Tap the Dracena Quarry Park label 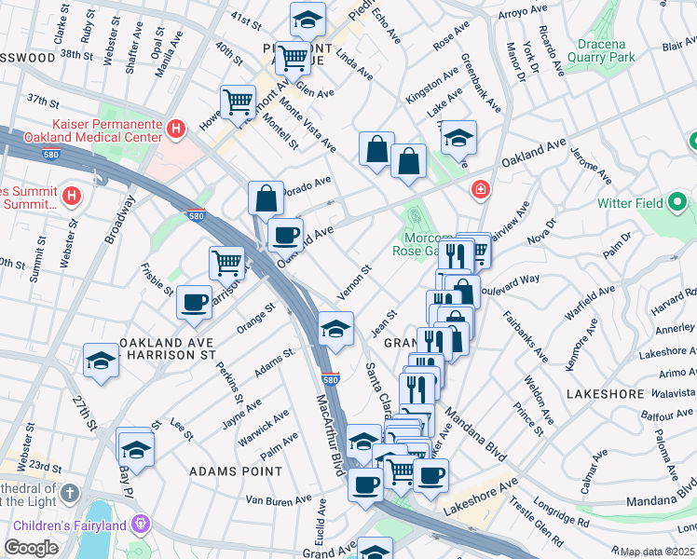click(593, 49)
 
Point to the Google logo click(31, 548)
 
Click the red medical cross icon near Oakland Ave click(480, 190)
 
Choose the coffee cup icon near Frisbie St click(194, 302)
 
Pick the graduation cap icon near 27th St click(101, 361)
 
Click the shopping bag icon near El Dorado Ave click(266, 198)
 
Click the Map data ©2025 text click(657, 552)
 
